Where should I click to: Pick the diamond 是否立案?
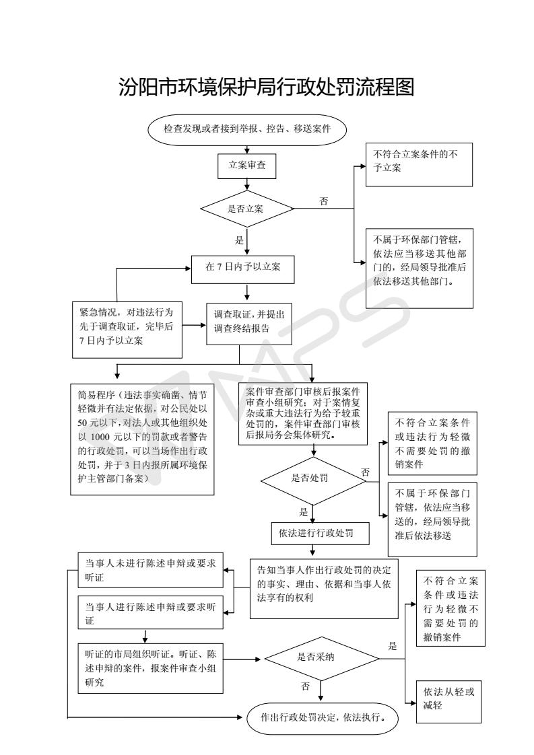[247, 208]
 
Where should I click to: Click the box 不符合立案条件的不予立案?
[418, 165]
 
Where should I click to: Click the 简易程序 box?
[142, 439]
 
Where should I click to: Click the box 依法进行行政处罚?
[322, 533]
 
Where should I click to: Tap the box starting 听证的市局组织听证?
[149, 668]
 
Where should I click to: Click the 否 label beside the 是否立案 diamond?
[324, 201]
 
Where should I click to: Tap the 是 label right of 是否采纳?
[393, 645]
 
